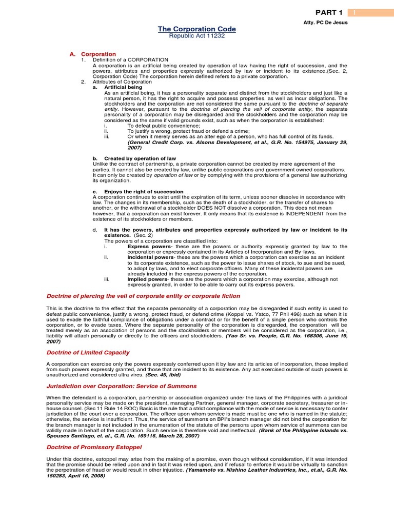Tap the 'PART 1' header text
click(x=329, y=12)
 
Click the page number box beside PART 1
click(x=353, y=12)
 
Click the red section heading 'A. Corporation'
click(x=93, y=54)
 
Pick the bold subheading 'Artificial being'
click(x=124, y=87)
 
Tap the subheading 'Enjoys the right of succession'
click(x=137, y=192)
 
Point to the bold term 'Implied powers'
click(x=147, y=279)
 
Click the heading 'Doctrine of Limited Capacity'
click(x=88, y=353)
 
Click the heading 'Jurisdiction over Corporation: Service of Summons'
click(x=122, y=386)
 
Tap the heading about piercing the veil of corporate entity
click(x=136, y=296)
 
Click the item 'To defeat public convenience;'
click(x=162, y=126)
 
